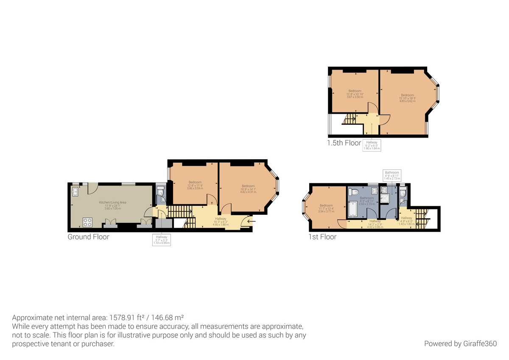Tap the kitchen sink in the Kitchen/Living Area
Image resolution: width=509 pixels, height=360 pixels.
pyautogui.click(x=75, y=192)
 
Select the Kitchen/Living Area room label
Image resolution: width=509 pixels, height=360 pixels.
pyautogui.click(x=112, y=205)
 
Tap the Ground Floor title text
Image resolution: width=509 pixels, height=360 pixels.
pyautogui.click(x=88, y=237)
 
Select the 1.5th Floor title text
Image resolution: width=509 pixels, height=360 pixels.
pyautogui.click(x=344, y=143)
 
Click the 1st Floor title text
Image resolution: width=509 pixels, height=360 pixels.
pyautogui.click(x=322, y=237)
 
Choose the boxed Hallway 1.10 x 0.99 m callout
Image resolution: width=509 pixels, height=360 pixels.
pyautogui.click(x=162, y=240)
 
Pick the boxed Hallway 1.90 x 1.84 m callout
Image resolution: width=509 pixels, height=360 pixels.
pyautogui.click(x=372, y=146)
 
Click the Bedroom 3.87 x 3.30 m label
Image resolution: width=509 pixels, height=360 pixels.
pyautogui.click(x=355, y=94)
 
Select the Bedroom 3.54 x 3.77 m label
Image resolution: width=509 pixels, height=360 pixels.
pyautogui.click(x=326, y=208)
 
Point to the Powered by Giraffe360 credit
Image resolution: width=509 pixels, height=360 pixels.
pyautogui.click(x=460, y=343)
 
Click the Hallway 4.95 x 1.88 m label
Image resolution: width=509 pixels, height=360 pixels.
pyautogui.click(x=221, y=221)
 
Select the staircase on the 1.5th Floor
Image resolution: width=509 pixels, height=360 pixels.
pyautogui.click(x=350, y=119)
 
